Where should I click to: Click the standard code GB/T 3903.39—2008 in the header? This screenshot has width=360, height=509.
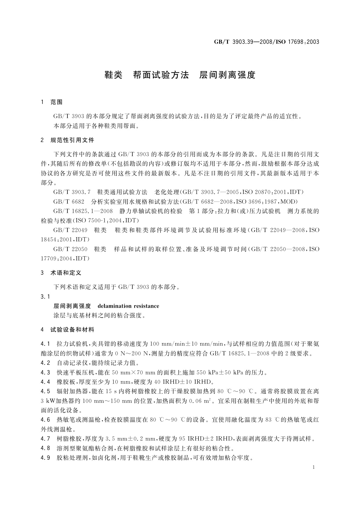point(242,42)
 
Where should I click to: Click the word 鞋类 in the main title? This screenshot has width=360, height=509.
point(113,75)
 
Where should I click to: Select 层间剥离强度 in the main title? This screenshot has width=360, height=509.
point(227,75)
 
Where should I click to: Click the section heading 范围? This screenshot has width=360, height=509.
point(56,102)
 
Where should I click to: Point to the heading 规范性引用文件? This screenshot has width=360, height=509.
point(72,140)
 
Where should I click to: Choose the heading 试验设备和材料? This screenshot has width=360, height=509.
point(72,329)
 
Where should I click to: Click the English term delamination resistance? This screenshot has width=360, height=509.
point(128,306)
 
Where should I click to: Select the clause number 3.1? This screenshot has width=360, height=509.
point(45,297)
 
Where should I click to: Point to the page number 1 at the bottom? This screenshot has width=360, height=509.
point(314,467)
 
